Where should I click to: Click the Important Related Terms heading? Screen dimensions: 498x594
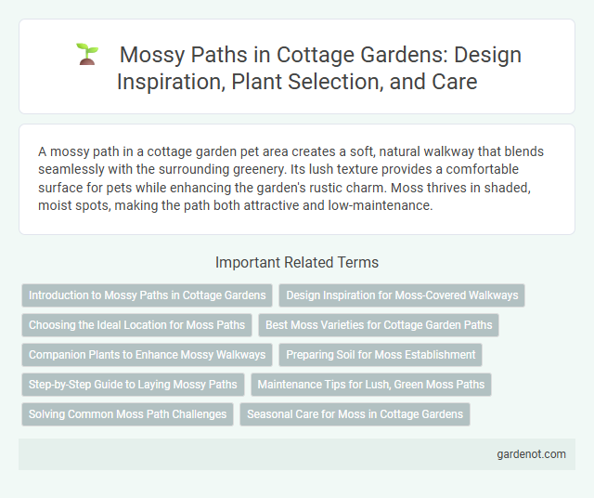pos(296,262)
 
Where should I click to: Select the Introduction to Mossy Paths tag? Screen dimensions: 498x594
pos(147,295)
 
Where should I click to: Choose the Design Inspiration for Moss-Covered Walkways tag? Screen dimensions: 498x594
pos(402,295)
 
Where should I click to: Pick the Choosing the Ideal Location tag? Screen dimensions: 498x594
pos(136,325)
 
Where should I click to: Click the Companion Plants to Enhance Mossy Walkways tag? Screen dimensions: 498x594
pos(147,355)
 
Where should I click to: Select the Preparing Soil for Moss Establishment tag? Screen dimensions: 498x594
pos(381,355)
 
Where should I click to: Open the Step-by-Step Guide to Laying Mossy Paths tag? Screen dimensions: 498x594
pos(133,385)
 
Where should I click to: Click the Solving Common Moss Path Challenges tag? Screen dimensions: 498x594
pos(127,414)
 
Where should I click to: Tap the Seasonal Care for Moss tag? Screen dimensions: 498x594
pos(355,414)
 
